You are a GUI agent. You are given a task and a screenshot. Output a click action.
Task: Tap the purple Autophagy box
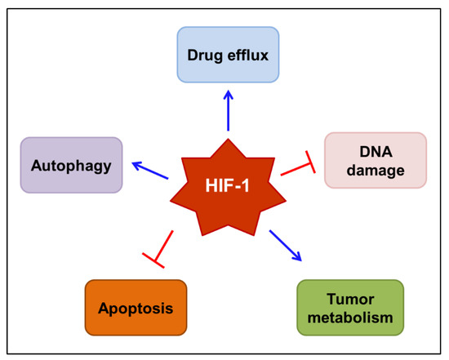tap(71, 165)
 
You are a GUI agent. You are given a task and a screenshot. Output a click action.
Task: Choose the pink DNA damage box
tap(375, 159)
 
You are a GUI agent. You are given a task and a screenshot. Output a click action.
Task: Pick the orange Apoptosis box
tap(136, 307)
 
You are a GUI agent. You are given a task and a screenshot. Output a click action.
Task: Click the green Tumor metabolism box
tap(349, 307)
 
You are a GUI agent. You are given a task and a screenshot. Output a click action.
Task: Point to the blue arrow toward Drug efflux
tap(229, 109)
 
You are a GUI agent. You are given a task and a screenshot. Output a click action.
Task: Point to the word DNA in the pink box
tap(376, 151)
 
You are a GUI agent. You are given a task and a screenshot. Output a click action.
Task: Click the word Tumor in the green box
tap(349, 298)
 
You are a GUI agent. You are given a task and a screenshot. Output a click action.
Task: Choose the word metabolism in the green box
tap(349, 317)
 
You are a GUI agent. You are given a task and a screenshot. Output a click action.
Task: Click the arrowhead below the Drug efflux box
tap(229, 92)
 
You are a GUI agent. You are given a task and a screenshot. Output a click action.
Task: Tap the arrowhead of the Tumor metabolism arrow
tap(298, 258)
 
